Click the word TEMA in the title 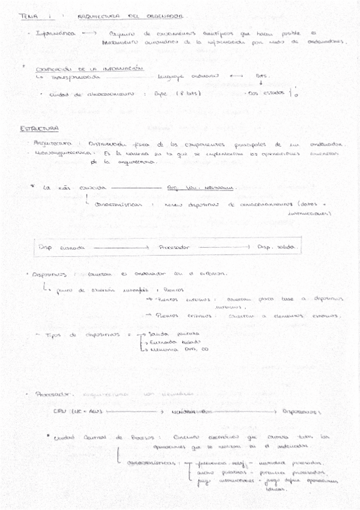coord(29,16)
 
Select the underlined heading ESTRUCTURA coord(39,129)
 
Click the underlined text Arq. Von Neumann coord(201,187)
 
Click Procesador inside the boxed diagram coord(174,247)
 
